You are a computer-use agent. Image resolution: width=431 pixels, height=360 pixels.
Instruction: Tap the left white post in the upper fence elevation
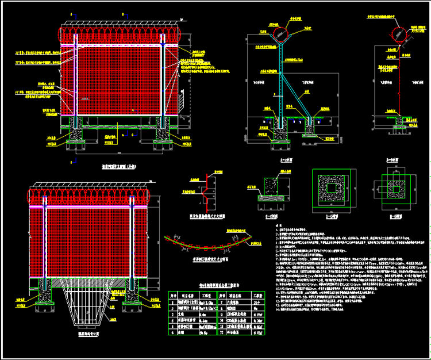coord(75,81)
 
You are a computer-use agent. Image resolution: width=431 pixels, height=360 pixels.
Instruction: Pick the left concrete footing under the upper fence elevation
coord(75,137)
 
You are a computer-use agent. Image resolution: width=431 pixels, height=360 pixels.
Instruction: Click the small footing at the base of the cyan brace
coord(311,130)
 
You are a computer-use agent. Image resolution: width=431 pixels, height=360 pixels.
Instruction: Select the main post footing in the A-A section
coord(281,132)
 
